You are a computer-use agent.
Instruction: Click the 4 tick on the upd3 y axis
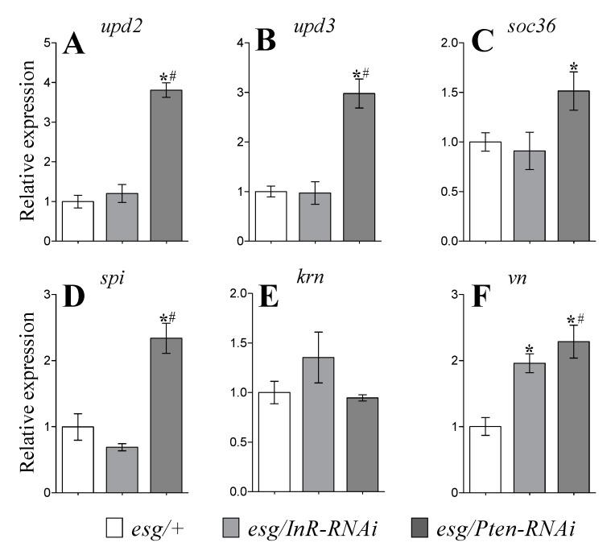pos(243,42)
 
